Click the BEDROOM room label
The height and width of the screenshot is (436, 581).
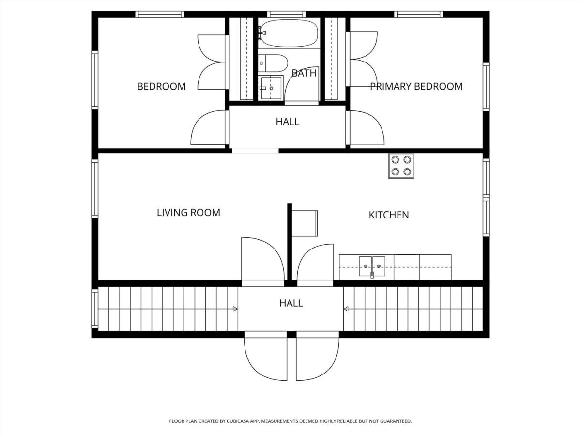coord(161,86)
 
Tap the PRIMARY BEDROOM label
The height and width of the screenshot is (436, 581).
coord(416,86)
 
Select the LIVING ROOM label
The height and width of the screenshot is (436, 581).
coord(188,213)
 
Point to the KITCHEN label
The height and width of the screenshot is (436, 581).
coord(389,215)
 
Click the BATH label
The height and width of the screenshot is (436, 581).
coord(304,73)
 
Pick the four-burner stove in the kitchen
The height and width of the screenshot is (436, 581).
coord(401,166)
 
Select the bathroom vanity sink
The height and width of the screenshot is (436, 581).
coord(271,87)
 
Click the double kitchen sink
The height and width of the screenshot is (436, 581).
coord(372,266)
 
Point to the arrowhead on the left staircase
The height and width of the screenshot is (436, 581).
coord(235,309)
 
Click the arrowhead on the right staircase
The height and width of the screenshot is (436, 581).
coord(346,309)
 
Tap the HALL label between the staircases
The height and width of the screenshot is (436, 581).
coord(291,303)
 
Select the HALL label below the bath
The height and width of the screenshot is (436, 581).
coord(288,122)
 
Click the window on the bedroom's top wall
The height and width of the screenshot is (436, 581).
coord(160,15)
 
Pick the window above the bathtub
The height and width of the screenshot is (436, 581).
coord(287,15)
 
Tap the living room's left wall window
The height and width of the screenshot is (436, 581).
coord(95,189)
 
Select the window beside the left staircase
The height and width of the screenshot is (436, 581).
coord(94,309)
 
